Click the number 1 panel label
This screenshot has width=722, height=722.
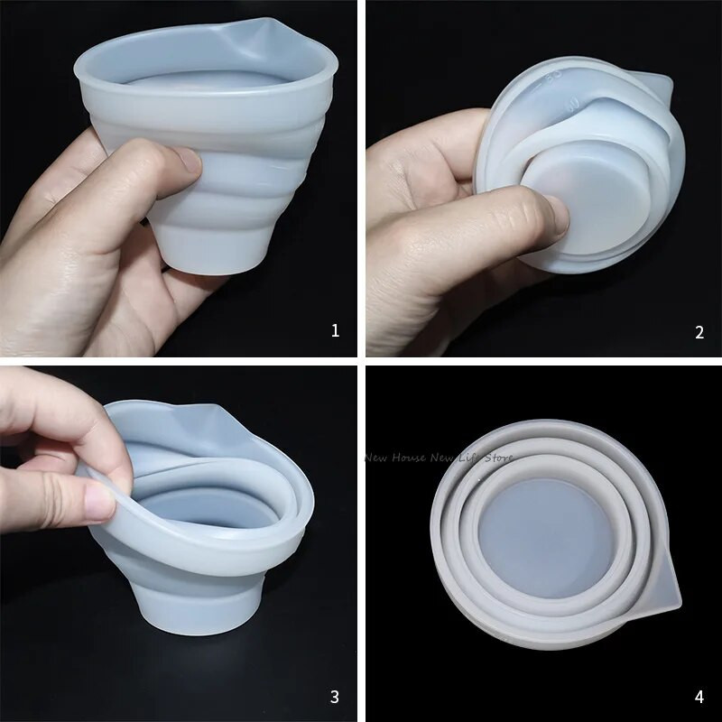point(336,330)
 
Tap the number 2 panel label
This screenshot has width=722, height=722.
point(699,332)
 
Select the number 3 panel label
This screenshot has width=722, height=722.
point(335,696)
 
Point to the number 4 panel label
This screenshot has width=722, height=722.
point(699,696)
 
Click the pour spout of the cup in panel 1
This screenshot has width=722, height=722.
point(262,36)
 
